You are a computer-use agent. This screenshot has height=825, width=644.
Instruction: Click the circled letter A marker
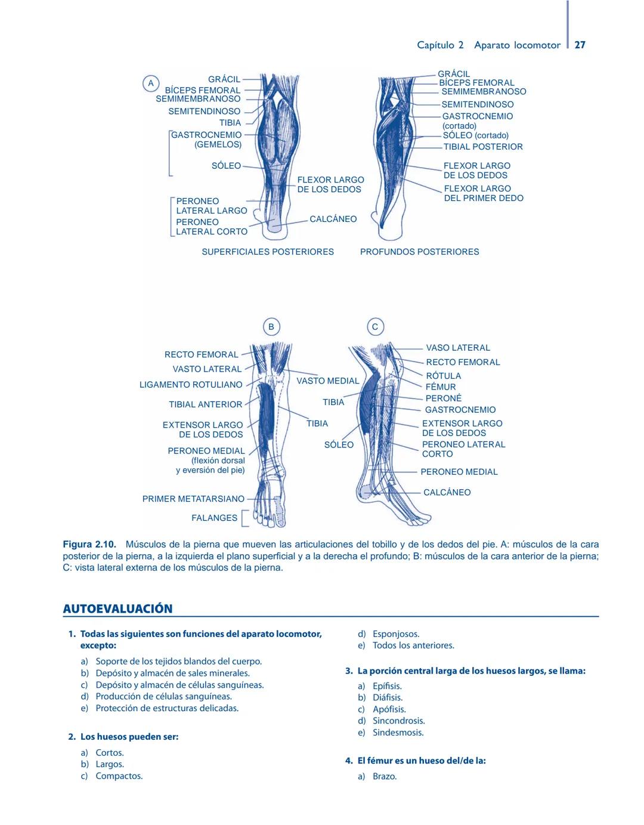click(x=151, y=84)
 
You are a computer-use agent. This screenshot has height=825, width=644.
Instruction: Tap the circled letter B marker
click(x=271, y=327)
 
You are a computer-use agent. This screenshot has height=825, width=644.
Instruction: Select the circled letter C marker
click(x=375, y=327)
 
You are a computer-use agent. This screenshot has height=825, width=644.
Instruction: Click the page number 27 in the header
click(x=580, y=45)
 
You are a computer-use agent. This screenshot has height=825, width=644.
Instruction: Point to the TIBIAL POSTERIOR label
click(x=482, y=147)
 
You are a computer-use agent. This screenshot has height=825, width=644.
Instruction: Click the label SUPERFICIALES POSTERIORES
click(x=268, y=252)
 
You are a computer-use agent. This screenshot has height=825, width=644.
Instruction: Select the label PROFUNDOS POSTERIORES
click(x=419, y=252)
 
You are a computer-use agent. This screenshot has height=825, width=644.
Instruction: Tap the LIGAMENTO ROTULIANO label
click(x=191, y=385)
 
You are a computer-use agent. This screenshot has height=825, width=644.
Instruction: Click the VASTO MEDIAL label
click(x=327, y=381)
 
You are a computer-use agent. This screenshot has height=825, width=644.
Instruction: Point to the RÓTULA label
click(x=443, y=376)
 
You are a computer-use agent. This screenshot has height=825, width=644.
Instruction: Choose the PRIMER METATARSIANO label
click(x=193, y=499)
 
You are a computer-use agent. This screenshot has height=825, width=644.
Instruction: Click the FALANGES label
click(x=214, y=518)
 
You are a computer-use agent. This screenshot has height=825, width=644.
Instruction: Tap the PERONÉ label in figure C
click(x=443, y=398)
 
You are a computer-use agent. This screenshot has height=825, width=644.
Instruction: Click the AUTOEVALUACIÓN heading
click(x=117, y=608)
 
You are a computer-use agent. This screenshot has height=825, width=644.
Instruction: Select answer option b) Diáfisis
click(x=387, y=697)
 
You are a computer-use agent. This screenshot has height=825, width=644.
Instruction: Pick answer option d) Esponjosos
click(x=395, y=634)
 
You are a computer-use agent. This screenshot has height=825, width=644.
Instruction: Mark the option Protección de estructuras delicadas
click(x=167, y=708)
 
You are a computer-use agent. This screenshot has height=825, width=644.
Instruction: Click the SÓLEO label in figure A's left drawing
click(x=226, y=166)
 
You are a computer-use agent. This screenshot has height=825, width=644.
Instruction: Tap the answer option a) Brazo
click(x=384, y=776)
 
